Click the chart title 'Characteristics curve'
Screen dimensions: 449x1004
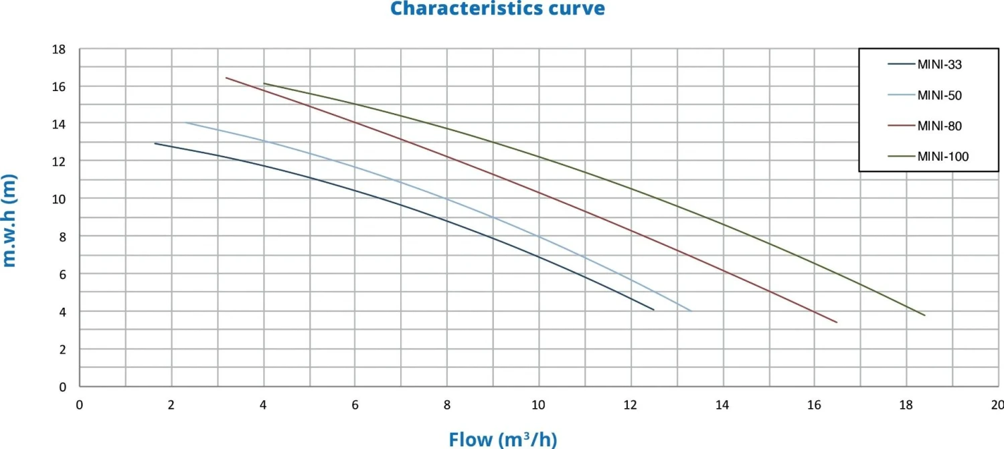click(x=497, y=9)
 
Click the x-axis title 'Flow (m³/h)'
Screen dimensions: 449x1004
click(x=503, y=440)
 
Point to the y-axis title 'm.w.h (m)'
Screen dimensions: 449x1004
click(x=9, y=220)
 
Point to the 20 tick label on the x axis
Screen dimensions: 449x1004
click(x=997, y=404)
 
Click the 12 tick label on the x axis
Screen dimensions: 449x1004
click(x=630, y=404)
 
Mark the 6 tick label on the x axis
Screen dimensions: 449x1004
click(x=355, y=404)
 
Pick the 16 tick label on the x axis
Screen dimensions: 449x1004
click(x=814, y=404)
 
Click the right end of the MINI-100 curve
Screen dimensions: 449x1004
click(x=924, y=315)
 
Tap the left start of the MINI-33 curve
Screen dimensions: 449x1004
click(x=155, y=143)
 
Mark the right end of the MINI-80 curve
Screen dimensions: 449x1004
click(x=837, y=323)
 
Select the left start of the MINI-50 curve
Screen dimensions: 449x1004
click(x=185, y=122)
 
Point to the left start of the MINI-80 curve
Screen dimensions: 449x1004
click(x=226, y=78)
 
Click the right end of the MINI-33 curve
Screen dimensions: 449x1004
click(x=653, y=310)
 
